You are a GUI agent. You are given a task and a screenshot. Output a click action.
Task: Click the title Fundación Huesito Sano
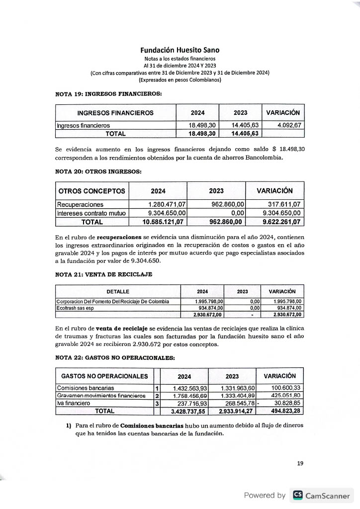pyautogui.click(x=180, y=50)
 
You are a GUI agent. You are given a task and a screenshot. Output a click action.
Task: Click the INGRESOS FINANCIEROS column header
pyautogui.click(x=115, y=113)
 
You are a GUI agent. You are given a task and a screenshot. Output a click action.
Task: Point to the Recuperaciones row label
pyautogui.click(x=80, y=204)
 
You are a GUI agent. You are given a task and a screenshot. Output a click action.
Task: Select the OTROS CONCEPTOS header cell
pyautogui.click(x=92, y=191)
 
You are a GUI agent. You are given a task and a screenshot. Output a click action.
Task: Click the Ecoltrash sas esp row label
pyautogui.click(x=75, y=308)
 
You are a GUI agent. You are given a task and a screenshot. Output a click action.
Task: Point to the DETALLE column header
pyautogui.click(x=118, y=292)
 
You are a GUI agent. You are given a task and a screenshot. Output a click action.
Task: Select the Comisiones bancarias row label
pyautogui.click(x=86, y=388)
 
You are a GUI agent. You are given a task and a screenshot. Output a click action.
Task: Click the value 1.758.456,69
pyautogui.click(x=189, y=396)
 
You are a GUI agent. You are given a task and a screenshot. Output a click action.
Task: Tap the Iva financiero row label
pyautogui.click(x=74, y=403)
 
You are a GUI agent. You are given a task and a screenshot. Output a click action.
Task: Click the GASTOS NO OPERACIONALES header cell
pyautogui.click(x=104, y=376)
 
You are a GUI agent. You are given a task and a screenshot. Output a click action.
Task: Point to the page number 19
pyautogui.click(x=300, y=463)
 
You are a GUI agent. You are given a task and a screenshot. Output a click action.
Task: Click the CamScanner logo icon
pyautogui.click(x=297, y=495)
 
